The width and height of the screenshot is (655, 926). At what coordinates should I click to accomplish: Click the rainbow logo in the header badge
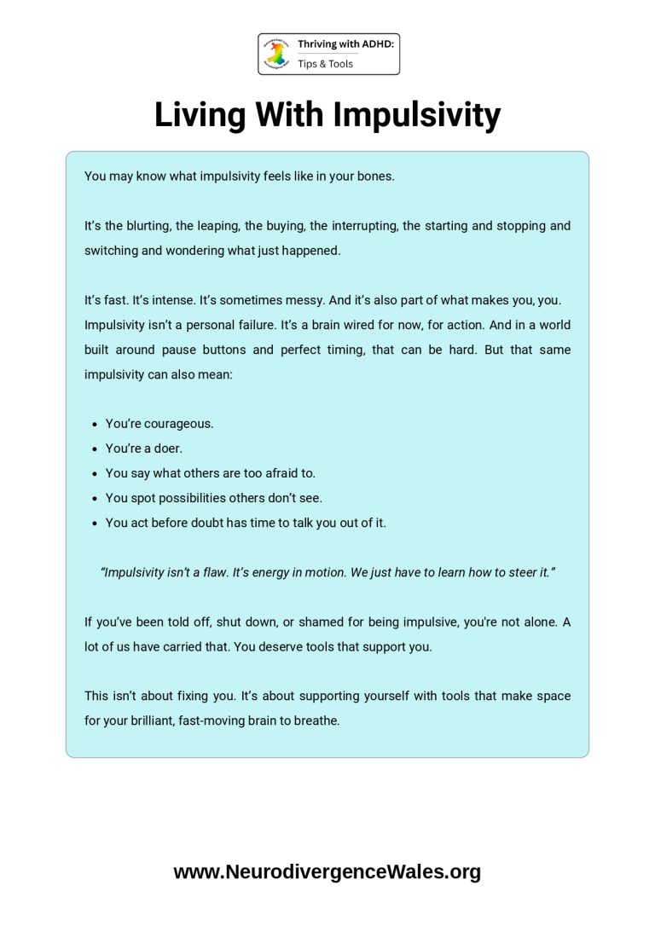pyautogui.click(x=277, y=53)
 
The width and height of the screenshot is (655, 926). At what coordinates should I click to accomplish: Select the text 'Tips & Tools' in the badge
pyautogui.click(x=325, y=64)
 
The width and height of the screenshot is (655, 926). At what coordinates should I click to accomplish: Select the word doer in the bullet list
pyautogui.click(x=169, y=448)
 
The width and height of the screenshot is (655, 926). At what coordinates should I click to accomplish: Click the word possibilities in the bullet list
pyautogui.click(x=209, y=497)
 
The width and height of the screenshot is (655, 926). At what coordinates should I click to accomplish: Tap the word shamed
pyautogui.click(x=327, y=622)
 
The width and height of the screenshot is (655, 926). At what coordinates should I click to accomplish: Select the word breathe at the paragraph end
pyautogui.click(x=316, y=721)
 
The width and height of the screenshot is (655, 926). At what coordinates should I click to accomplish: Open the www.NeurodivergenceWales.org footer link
pyautogui.click(x=327, y=871)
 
